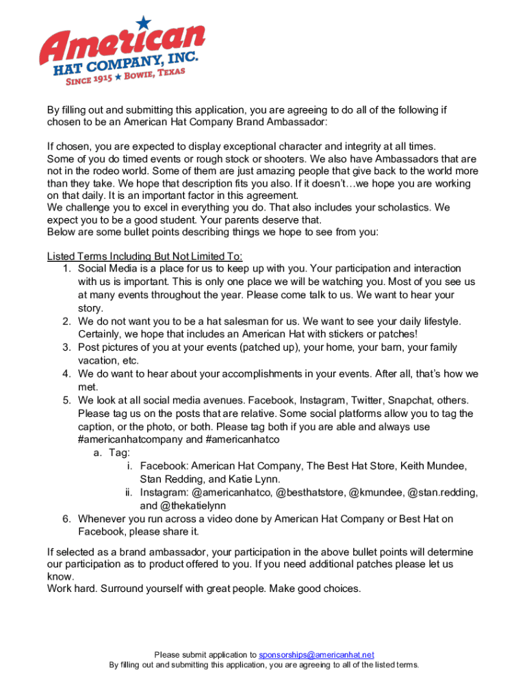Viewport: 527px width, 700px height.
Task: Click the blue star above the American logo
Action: [x=143, y=23]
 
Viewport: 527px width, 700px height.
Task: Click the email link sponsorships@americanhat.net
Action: [x=317, y=655]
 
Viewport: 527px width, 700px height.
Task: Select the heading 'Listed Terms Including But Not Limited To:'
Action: [x=144, y=256]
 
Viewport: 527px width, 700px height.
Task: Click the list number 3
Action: [x=66, y=348]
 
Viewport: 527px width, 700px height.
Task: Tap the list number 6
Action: [x=66, y=520]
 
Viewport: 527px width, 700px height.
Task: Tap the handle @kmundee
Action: [x=376, y=493]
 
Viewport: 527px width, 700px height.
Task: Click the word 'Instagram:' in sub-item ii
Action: [x=164, y=493]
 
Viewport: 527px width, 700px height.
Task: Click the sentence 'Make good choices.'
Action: [x=317, y=589]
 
